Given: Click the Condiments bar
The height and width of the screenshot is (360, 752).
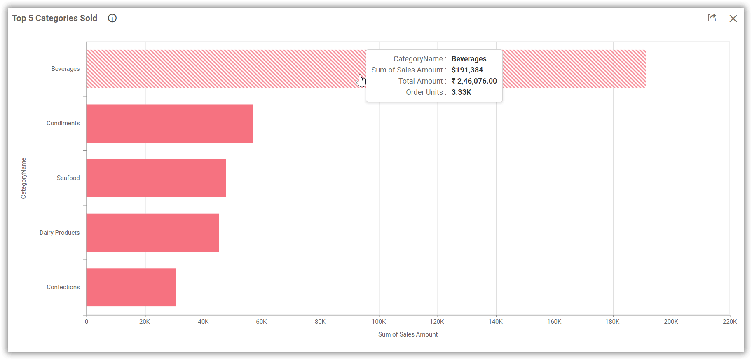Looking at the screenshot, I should [x=170, y=124].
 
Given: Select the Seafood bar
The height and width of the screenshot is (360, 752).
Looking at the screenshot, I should [x=156, y=178].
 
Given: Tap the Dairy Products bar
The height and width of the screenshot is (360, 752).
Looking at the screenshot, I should [x=152, y=233].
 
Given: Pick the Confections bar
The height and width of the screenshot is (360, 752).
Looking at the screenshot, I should [x=131, y=287].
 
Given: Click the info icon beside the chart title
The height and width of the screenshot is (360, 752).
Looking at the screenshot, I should [x=112, y=18].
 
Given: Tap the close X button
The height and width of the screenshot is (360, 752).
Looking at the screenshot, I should [x=733, y=19].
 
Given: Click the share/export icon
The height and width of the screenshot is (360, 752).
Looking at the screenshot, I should [x=712, y=18].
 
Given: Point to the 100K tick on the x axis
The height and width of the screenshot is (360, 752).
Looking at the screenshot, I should [x=379, y=322].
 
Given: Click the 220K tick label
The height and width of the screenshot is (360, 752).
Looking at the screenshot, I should [x=729, y=322].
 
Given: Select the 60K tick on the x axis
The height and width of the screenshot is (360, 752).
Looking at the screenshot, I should [x=262, y=322].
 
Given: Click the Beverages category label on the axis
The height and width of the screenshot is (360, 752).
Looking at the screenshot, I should [x=66, y=69].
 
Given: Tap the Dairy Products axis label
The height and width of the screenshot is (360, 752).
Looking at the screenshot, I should [x=60, y=233].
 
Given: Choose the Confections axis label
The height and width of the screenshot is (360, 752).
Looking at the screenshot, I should [x=63, y=287].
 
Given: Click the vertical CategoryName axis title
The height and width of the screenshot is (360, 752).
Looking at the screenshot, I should [x=23, y=178].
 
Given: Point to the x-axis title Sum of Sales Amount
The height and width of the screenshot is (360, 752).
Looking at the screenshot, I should [x=408, y=334].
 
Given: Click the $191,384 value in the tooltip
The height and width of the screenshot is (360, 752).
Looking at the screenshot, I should [x=467, y=70].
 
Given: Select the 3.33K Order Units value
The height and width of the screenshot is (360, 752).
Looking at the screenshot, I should [x=461, y=92].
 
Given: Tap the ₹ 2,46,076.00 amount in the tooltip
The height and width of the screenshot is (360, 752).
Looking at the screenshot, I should [x=474, y=81].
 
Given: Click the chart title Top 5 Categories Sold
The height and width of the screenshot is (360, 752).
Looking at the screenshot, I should [x=55, y=18].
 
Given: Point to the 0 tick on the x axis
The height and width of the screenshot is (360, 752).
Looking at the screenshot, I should [x=87, y=322].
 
